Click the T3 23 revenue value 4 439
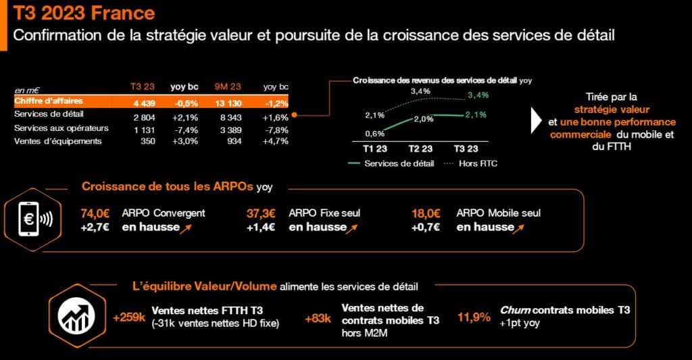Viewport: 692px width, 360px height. tap(145, 103)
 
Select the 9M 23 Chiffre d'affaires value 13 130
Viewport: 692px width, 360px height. tap(228, 103)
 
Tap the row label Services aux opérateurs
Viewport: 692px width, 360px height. tap(61, 128)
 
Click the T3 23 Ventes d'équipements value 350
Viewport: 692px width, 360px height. tap(148, 141)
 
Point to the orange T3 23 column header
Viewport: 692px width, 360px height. tap(143, 86)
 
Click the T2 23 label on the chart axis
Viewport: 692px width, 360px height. tap(420, 149)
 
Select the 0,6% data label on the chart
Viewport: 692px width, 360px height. tap(374, 133)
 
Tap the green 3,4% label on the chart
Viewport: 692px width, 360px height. tap(478, 95)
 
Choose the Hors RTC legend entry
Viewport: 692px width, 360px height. tap(470, 163)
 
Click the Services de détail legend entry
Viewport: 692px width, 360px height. tap(391, 163)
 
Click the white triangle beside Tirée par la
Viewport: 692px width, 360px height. tap(536, 120)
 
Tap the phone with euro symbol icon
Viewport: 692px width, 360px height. tap(34, 220)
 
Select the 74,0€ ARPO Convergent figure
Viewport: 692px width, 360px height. tap(95, 213)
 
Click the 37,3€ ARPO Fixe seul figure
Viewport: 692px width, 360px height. tap(261, 213)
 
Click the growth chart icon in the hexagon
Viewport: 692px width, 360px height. tap(77, 316)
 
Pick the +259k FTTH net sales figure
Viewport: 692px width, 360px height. tap(129, 317)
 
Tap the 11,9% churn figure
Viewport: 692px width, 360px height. tap(474, 317)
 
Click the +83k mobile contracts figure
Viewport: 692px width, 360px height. tap(318, 319)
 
